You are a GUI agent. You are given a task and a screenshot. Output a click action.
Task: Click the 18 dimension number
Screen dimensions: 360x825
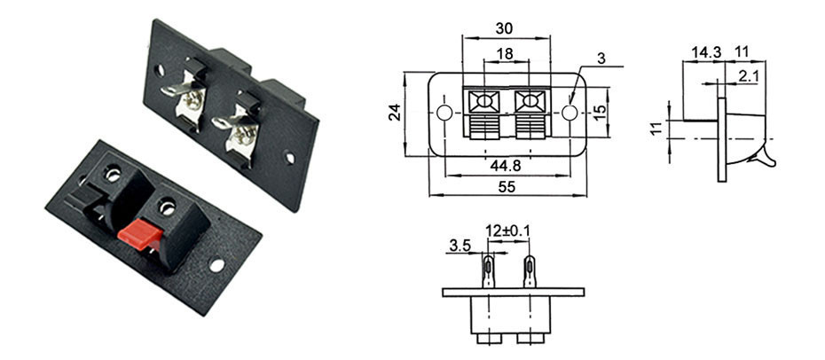pos(505,54)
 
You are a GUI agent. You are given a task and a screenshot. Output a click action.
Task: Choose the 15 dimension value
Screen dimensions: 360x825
pos(600,113)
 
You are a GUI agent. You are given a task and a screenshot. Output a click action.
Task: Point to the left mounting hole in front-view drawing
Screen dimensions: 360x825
pos(444,113)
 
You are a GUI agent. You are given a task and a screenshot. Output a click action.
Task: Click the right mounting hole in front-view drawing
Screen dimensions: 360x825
pos(569,113)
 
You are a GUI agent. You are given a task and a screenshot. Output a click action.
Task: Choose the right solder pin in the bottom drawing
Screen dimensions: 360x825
pos(530,270)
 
